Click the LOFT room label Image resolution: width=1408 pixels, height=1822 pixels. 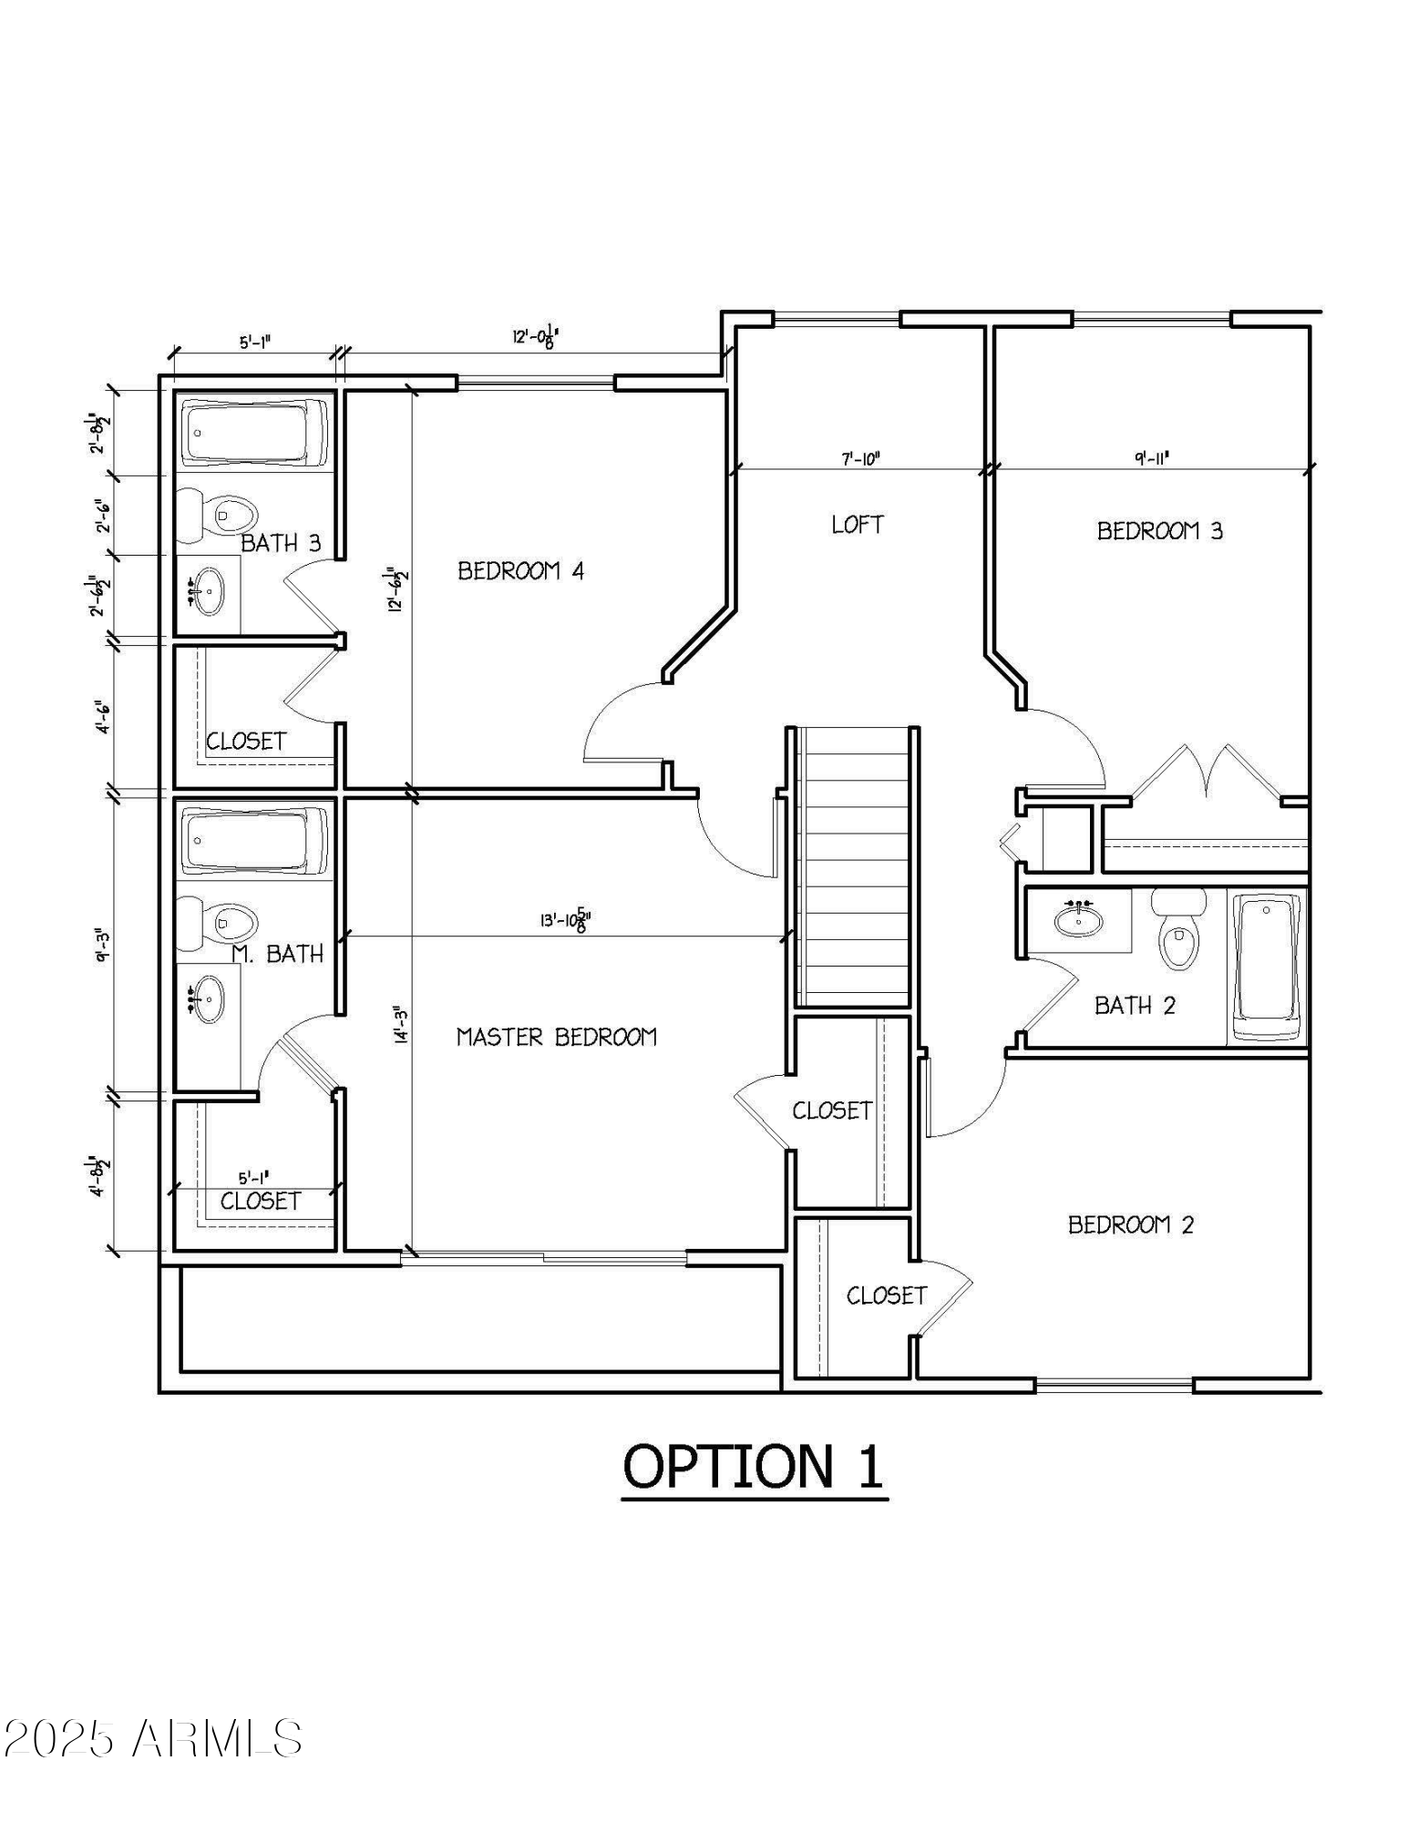point(857,525)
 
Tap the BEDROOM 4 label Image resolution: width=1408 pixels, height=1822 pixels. point(520,571)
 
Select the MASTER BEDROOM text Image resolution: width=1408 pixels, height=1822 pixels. point(556,1037)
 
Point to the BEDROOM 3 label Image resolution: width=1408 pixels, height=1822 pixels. point(1159,531)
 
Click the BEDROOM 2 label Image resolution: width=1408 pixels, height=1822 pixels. point(1130,1224)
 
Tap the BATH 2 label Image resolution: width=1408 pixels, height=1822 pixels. point(1135,1006)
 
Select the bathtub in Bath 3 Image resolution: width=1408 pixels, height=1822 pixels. point(254,433)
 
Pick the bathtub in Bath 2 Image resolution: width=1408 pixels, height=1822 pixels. point(1267,967)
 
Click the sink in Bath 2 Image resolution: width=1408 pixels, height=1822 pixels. point(1079,920)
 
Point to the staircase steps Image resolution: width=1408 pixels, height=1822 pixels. point(853,865)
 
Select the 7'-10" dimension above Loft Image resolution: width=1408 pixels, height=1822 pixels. point(859,459)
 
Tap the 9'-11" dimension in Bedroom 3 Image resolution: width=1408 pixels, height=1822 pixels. point(1152,458)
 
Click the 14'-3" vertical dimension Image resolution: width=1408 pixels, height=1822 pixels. point(399,1024)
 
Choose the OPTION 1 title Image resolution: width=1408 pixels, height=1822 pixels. point(753,1468)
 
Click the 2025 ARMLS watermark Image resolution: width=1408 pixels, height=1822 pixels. point(152,1738)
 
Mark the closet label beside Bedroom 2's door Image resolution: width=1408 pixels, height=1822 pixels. point(886,1295)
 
